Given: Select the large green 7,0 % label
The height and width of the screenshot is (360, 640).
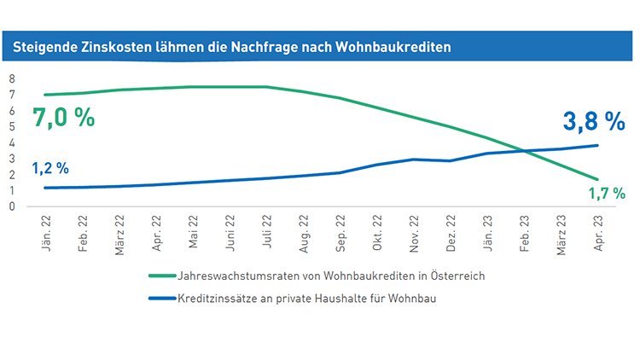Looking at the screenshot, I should coord(63,117).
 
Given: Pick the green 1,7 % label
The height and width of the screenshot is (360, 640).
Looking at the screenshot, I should coord(607,195).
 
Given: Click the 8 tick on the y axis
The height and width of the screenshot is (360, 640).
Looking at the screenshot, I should coord(13,78).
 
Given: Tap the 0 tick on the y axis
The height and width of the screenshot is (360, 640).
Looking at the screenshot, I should coord(13,206).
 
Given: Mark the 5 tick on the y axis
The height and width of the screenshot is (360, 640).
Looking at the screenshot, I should coord(13,126).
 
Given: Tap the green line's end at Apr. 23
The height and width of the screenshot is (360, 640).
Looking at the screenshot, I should coord(597,180).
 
